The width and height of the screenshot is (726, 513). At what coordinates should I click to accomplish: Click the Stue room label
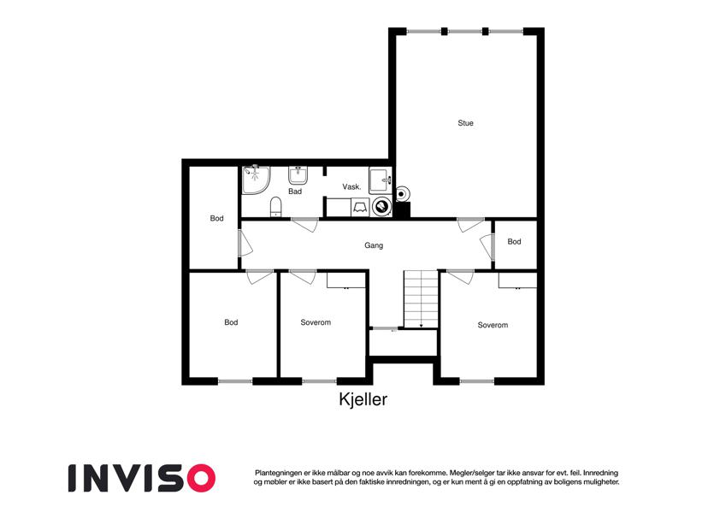tap(465, 123)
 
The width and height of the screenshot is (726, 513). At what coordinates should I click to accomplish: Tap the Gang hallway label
tap(374, 245)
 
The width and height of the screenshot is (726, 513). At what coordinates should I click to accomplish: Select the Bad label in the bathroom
tap(295, 192)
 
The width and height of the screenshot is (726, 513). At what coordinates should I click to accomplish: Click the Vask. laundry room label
tap(351, 186)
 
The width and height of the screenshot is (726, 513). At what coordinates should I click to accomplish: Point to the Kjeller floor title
tap(363, 399)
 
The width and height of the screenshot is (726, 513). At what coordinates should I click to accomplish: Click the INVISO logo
tap(142, 478)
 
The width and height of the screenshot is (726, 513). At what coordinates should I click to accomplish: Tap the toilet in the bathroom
tap(276, 207)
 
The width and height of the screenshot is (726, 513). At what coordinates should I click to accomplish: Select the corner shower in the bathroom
tap(256, 180)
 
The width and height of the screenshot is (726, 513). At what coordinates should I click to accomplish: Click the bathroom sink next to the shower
tap(298, 174)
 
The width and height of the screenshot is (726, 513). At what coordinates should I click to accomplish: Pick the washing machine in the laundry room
tap(381, 207)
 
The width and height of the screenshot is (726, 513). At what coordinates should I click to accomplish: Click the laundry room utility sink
tap(381, 180)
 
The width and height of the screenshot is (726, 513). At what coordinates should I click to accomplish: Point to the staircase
tap(421, 299)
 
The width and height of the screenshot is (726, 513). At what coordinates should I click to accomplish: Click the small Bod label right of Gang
tap(514, 242)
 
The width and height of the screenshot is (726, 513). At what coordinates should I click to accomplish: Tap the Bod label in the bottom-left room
tap(231, 322)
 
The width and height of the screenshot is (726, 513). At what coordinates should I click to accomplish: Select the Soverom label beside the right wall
tap(493, 325)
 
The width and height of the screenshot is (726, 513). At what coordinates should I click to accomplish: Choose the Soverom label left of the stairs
tap(316, 322)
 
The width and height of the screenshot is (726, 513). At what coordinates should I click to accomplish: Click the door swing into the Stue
tap(470, 225)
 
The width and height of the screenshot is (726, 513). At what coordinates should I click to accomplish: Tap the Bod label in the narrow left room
tap(216, 218)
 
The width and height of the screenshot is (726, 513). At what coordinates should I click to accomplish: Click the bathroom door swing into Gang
tap(304, 225)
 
